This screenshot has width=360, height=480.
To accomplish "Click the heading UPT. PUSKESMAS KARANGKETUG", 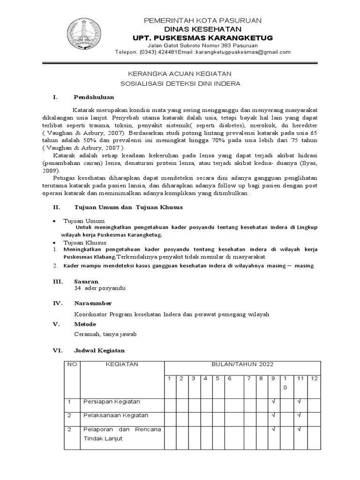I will pyautogui.click(x=203, y=37).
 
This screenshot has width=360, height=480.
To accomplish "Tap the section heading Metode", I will pyautogui.click(x=85, y=324).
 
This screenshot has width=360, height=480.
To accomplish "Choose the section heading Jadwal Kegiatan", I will pyautogui.click(x=99, y=350).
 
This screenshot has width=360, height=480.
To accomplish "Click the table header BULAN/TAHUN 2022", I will pyautogui.click(x=241, y=365).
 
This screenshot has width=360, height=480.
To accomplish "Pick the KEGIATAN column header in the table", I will pyautogui.click(x=120, y=365).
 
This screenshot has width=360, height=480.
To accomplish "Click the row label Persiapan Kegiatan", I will pyautogui.click(x=111, y=402).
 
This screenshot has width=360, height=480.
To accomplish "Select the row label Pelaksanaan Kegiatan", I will pyautogui.click(x=115, y=415).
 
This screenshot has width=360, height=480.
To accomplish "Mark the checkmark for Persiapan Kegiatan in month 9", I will pyautogui.click(x=273, y=402).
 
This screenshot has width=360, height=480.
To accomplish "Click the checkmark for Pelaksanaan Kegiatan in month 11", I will pyautogui.click(x=299, y=415).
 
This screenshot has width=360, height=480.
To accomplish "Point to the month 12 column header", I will pyautogui.click(x=314, y=378).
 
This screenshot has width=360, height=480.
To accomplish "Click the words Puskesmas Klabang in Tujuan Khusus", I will pyautogui.click(x=89, y=257).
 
